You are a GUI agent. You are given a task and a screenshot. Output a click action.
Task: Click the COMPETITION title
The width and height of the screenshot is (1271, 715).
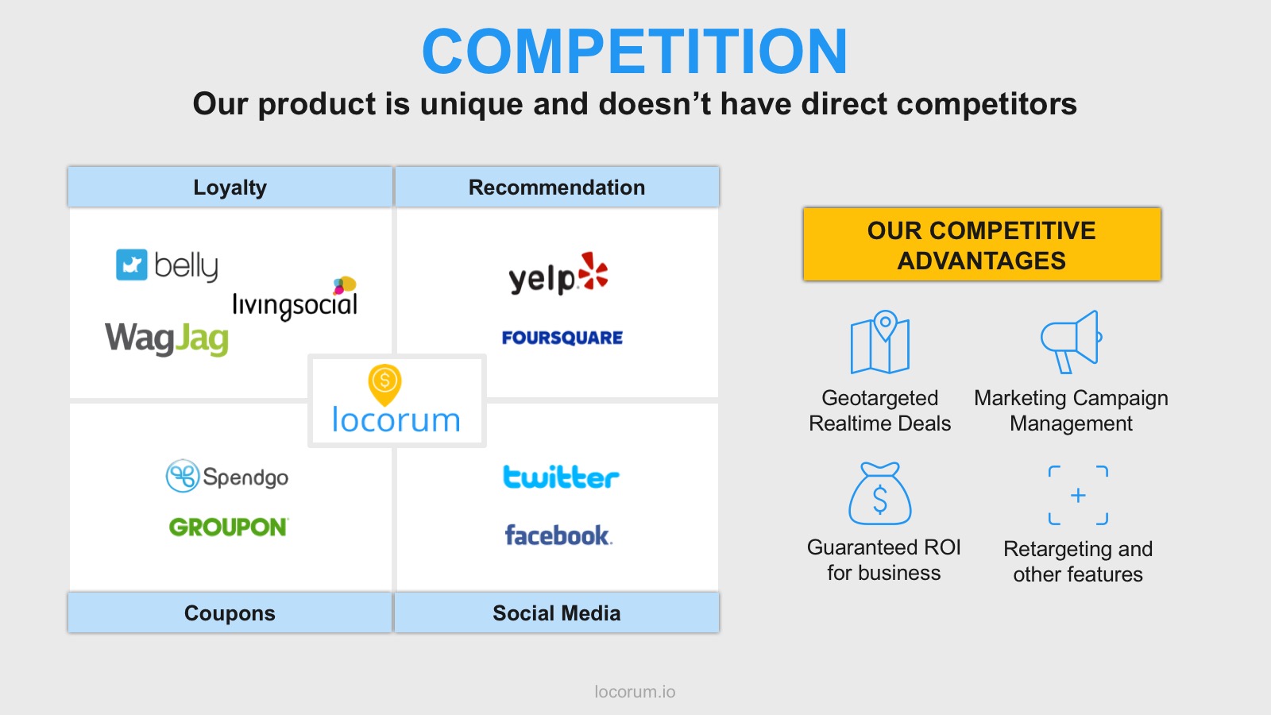[635, 52]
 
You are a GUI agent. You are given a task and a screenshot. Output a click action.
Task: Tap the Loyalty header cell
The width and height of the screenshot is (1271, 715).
[230, 187]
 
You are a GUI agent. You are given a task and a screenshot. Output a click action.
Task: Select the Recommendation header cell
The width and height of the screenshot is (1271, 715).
[557, 187]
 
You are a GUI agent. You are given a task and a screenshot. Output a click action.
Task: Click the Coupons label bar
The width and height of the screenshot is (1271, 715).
[230, 613]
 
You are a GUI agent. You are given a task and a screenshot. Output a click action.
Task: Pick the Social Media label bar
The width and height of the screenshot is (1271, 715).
[557, 613]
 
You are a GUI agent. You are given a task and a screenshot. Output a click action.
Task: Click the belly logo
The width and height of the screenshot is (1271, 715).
[167, 265]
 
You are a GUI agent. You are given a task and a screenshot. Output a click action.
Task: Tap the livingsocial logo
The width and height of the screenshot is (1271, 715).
[295, 299]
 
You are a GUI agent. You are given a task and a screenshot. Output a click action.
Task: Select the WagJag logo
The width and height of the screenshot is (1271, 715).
[167, 338]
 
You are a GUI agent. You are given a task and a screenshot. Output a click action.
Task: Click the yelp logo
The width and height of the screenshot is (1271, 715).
[558, 274]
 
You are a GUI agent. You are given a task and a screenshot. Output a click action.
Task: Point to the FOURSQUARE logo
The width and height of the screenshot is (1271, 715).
[562, 338]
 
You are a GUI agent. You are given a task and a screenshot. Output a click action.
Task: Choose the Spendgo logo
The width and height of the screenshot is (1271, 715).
[227, 476]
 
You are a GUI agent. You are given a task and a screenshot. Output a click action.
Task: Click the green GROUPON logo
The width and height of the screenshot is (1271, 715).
[229, 528]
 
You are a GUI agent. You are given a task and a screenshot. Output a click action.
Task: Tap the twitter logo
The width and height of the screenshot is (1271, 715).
[561, 477]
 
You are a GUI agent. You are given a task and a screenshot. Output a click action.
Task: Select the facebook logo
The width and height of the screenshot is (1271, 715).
[558, 535]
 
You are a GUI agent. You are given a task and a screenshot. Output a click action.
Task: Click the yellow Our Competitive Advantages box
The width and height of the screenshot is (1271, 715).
[982, 244]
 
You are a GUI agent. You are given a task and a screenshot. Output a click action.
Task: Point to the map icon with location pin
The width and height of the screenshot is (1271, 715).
[880, 342]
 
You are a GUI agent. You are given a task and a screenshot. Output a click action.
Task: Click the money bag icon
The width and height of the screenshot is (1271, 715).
[880, 493]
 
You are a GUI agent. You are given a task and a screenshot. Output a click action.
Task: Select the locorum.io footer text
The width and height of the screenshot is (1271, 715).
[635, 692]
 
